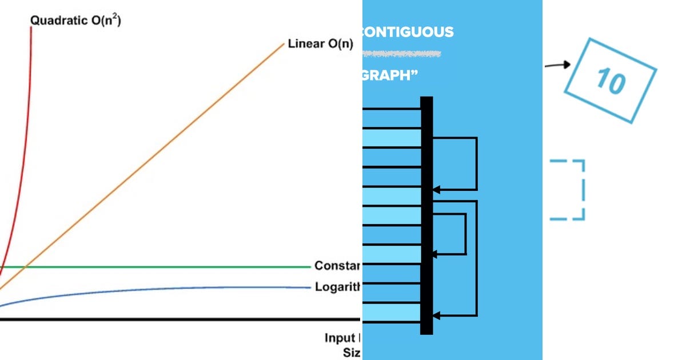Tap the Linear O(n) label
pyautogui.click(x=320, y=44)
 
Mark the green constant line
pyautogui.click(x=171, y=267)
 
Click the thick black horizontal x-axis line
pyautogui.click(x=171, y=319)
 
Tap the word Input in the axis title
pyautogui.click(x=340, y=337)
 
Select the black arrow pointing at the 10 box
pyautogui.click(x=557, y=65)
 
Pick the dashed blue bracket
pyautogui.click(x=575, y=190)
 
